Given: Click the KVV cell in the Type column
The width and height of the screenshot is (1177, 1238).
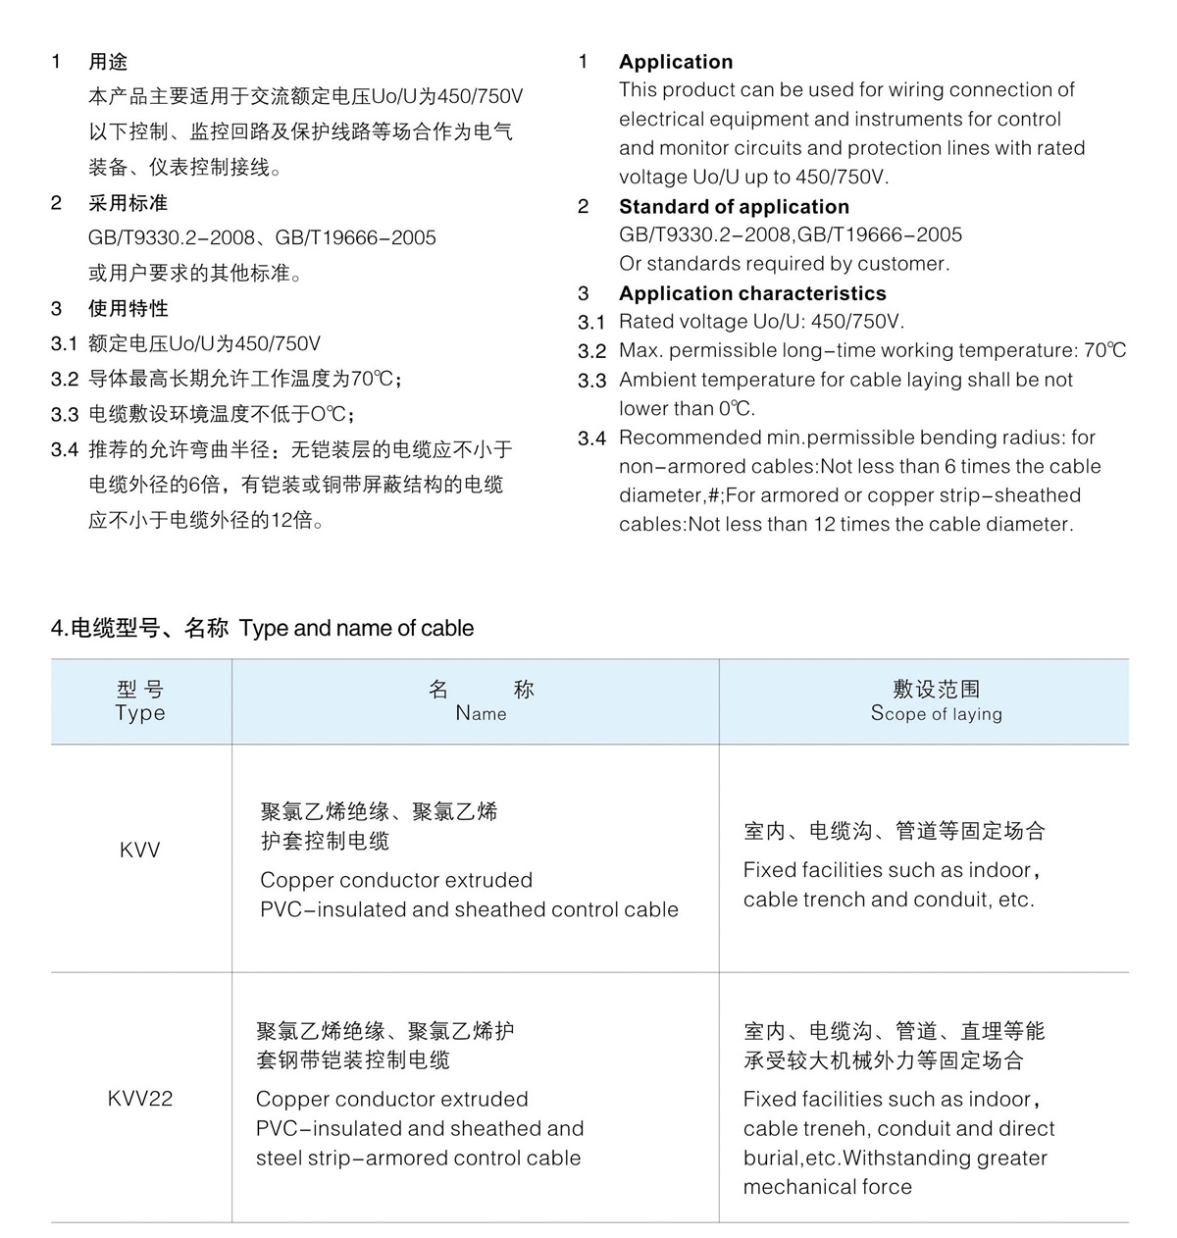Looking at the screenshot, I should pos(139,851).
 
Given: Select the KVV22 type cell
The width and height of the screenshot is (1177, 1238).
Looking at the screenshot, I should pos(139,1099).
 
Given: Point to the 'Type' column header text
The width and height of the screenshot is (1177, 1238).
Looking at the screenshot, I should pos(140,713).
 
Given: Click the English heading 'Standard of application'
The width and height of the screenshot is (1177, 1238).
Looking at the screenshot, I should pos(734,207).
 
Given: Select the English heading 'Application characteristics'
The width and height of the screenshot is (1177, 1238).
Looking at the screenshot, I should pos(752,293).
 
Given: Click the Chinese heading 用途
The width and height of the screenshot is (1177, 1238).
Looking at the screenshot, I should pos(108,62).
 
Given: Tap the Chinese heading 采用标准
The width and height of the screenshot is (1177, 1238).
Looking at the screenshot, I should pos(128,203).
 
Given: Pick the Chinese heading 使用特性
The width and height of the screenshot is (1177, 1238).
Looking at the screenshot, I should pos(128,309).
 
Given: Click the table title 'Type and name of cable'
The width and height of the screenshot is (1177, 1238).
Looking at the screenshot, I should pos(356,629).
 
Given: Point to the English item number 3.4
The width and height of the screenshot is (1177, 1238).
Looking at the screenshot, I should pos(591,438).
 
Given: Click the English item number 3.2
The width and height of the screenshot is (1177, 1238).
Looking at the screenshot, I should pos(591,351).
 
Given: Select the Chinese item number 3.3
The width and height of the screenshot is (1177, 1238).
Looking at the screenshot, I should pos(64,415).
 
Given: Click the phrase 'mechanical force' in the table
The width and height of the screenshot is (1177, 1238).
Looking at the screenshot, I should pos(827,1187).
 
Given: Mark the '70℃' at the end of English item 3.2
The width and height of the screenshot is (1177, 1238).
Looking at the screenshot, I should pos(1104,351).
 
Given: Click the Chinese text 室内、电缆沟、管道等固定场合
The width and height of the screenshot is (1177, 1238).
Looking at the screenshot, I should pos(894,832).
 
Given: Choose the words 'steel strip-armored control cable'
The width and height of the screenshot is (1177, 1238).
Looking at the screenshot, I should pos(418,1159).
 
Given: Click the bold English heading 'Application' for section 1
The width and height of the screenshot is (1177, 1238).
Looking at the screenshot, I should pos(676,62).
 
